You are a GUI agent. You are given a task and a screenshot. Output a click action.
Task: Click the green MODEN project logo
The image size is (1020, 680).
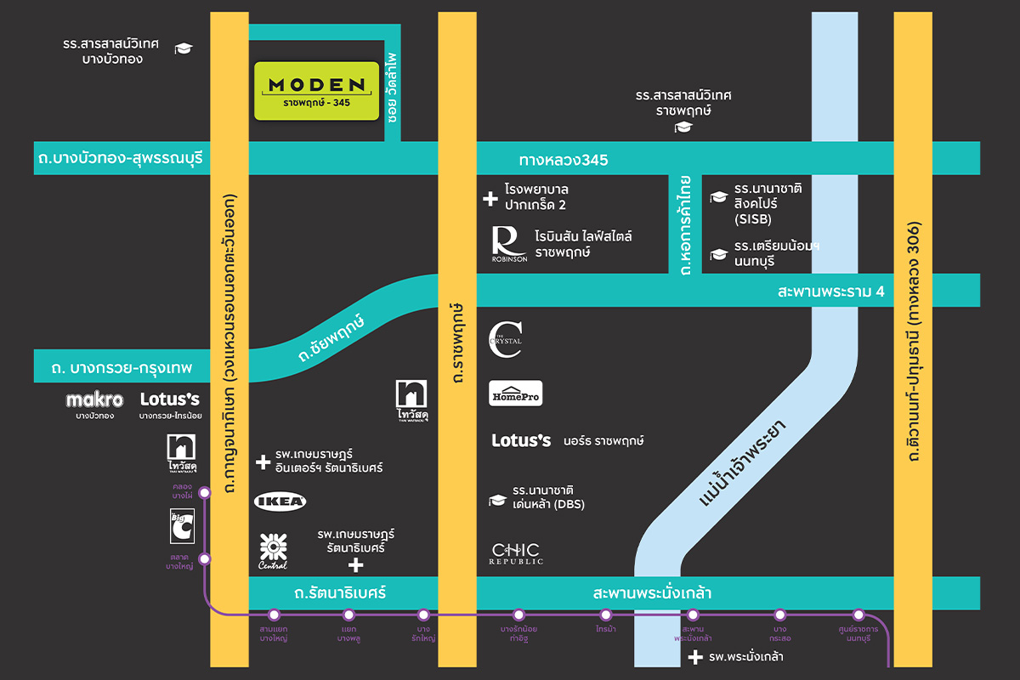[316, 90]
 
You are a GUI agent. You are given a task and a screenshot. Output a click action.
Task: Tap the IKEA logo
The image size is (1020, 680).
[280, 501]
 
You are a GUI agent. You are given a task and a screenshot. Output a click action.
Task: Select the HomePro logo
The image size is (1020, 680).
[516, 394]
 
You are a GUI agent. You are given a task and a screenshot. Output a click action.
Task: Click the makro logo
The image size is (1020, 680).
[94, 399]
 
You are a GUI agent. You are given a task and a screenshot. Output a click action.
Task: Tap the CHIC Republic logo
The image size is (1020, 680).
[515, 553]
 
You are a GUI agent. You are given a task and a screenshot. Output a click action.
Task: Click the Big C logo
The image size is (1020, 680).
[181, 527]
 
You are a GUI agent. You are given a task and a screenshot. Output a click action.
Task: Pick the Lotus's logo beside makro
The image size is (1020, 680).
[169, 399]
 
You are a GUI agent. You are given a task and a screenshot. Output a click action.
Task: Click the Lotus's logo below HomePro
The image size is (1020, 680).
[522, 440]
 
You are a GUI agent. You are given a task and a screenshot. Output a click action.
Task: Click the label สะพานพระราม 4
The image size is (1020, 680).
[831, 292]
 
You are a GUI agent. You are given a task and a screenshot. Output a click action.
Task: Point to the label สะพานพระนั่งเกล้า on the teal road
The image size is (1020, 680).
[651, 592]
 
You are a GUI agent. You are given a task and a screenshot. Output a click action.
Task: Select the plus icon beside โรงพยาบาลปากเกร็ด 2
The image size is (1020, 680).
[490, 199]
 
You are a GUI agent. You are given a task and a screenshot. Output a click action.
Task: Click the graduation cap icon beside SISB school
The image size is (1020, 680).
[719, 197]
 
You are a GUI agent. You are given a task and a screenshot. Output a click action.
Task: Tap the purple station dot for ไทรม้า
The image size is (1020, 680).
[606, 615]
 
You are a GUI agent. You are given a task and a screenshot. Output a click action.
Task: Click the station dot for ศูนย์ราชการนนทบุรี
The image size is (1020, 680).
[858, 615]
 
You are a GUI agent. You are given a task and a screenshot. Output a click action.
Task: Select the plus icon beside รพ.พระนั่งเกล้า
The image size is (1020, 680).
[695, 657]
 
